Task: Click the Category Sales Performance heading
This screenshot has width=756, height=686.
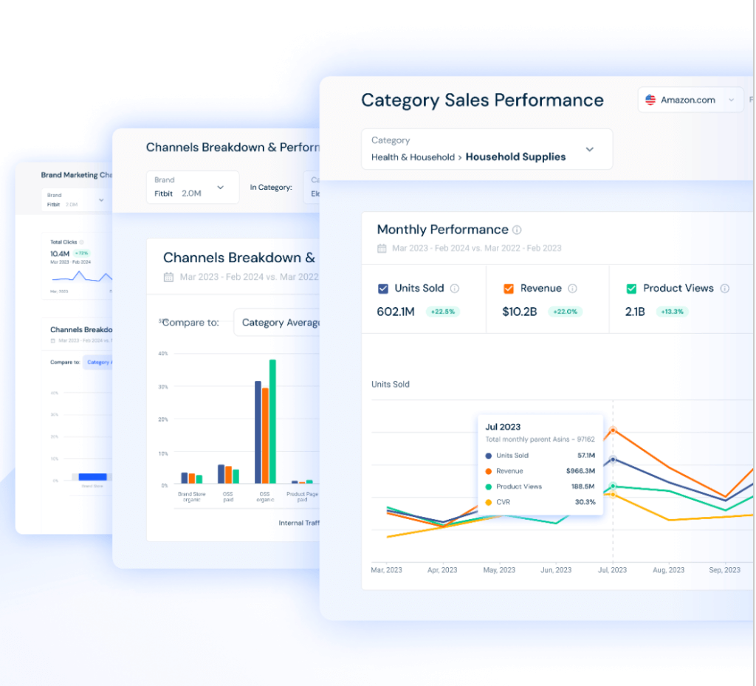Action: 482,100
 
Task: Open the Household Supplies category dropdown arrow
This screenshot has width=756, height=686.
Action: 589,149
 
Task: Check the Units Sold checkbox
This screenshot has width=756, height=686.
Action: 383,289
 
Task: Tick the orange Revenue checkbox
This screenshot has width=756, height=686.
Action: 509,289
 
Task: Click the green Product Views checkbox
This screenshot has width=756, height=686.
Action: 631,289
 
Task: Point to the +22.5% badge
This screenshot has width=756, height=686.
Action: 442,312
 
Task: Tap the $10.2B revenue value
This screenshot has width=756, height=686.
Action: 520,312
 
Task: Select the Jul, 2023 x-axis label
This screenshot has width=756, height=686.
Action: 612,570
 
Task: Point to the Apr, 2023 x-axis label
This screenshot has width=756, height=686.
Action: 442,570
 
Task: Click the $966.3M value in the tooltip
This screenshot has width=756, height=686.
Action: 580,471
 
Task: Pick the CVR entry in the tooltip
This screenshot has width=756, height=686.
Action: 504,502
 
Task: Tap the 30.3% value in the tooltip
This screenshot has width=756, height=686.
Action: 585,502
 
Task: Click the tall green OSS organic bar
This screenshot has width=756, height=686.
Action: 272,421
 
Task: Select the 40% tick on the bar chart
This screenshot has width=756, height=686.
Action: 163,354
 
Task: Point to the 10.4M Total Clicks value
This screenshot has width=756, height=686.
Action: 60,253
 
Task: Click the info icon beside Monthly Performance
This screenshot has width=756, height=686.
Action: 517,230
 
